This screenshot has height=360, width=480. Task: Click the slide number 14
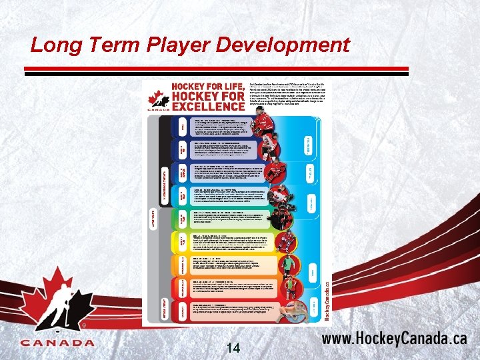click(233, 347)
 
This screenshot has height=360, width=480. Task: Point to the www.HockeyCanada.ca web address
click(394, 338)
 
